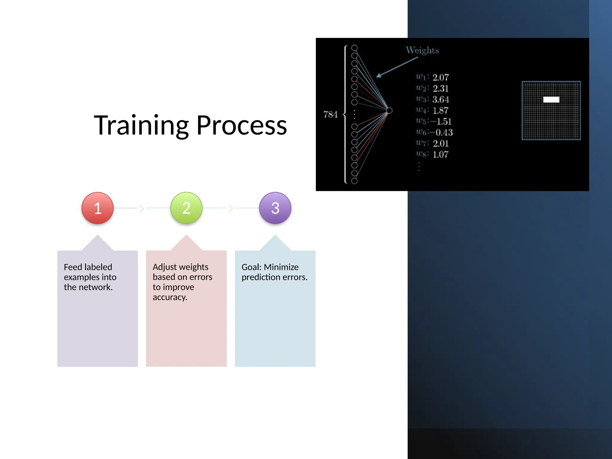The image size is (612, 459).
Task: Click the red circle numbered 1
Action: point(97,208)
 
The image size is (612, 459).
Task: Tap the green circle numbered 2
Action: point(186,208)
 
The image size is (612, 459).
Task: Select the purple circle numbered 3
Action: point(275,208)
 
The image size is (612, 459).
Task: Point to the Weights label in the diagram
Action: point(422,50)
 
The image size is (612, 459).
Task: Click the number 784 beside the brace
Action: point(330,114)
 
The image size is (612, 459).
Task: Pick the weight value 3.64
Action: point(440,100)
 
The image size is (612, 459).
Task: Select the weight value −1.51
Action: point(441,122)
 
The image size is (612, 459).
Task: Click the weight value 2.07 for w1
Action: point(440,78)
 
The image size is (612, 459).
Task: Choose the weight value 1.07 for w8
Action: point(440,154)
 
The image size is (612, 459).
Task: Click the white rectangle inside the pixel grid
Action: point(551,100)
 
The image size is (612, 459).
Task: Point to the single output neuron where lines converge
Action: point(389,111)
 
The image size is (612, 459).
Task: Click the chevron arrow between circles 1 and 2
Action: point(142,209)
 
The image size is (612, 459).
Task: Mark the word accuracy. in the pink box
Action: point(170,297)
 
